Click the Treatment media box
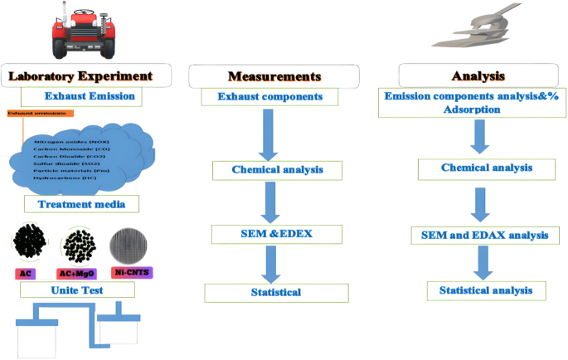pyautogui.click(x=80, y=203)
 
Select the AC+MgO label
pyautogui.click(x=83, y=272)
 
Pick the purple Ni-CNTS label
pyautogui.click(x=134, y=272)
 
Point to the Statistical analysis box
pyautogui.click(x=487, y=290)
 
